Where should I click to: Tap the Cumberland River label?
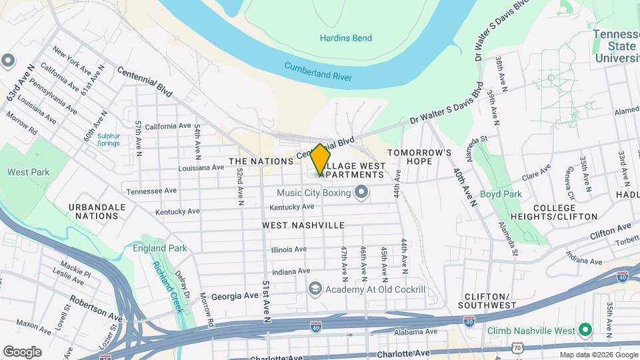(x=318, y=71)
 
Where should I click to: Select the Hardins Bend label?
(x=345, y=38)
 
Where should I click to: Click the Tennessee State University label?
(x=617, y=46)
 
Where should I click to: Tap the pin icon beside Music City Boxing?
(x=362, y=193)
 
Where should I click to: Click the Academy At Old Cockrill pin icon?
(x=315, y=289)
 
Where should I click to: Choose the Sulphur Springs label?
(x=108, y=139)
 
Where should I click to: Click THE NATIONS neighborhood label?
(x=257, y=161)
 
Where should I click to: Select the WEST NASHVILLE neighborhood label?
(x=303, y=225)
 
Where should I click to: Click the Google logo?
(x=22, y=351)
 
